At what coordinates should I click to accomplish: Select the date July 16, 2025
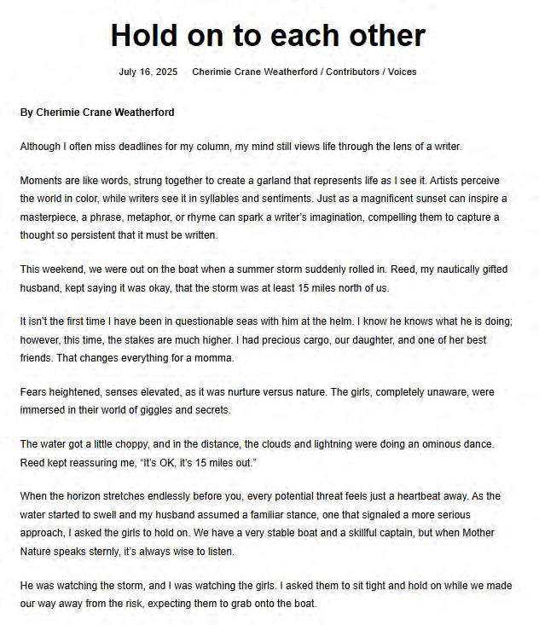148,72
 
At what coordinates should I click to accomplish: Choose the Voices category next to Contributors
402,72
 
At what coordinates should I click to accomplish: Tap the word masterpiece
49,217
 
